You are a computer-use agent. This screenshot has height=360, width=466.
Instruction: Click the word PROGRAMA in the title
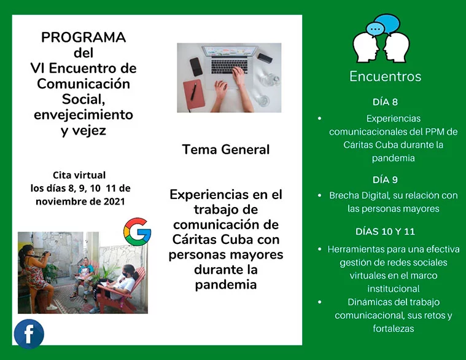pyautogui.click(x=83, y=37)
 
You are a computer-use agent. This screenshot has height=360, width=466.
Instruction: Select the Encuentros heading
pyautogui.click(x=385, y=77)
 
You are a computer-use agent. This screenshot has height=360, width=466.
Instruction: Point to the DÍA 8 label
pyautogui.click(x=385, y=102)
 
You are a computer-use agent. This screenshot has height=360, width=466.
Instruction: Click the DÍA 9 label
pyautogui.click(x=385, y=180)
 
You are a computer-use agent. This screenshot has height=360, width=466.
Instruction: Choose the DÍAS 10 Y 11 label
pyautogui.click(x=385, y=232)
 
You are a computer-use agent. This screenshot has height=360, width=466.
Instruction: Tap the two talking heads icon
pyautogui.click(x=381, y=38)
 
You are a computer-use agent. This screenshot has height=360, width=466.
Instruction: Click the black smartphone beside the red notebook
pyautogui.click(x=196, y=66)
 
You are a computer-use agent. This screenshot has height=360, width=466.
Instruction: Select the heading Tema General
pyautogui.click(x=225, y=150)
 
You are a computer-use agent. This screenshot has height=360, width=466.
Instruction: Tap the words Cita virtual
pyautogui.click(x=79, y=175)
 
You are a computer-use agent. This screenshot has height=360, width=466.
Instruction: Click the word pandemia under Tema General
pyautogui.click(x=225, y=284)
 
